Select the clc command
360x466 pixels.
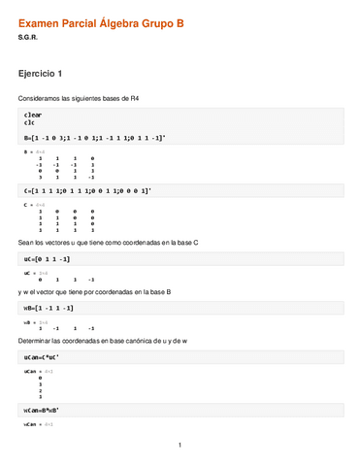[x=29, y=123]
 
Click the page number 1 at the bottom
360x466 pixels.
[x=180, y=446]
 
